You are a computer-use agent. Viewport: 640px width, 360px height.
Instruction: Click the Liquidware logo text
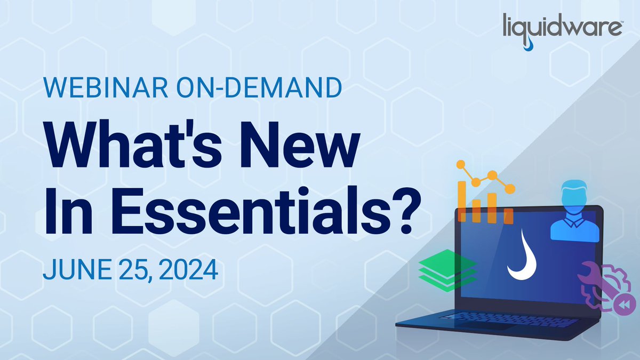[562, 27]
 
